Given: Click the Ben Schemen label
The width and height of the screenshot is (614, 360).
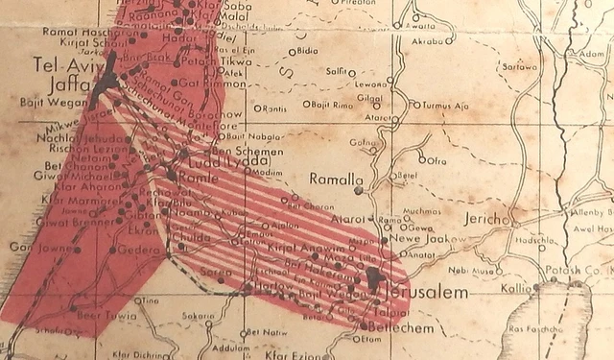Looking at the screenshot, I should (x=247, y=152).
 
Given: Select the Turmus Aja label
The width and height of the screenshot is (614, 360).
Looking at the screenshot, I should (x=441, y=104).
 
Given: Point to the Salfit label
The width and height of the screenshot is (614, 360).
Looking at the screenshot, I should (x=336, y=71).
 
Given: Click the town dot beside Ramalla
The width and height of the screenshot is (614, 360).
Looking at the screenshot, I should (x=358, y=190).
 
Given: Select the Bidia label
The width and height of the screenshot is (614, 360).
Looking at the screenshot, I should (x=308, y=49).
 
